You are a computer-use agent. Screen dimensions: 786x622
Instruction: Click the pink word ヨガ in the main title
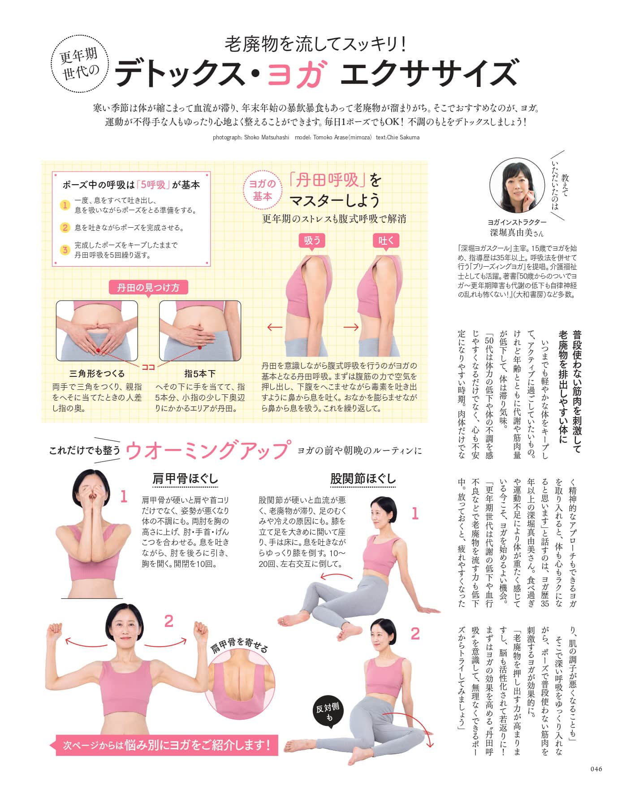(296, 74)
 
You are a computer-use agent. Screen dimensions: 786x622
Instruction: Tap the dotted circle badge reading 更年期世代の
(79, 64)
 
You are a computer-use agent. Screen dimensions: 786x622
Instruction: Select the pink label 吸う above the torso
(312, 241)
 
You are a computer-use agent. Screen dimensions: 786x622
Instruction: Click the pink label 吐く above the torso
(386, 241)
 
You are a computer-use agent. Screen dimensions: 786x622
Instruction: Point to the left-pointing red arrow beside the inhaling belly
(275, 327)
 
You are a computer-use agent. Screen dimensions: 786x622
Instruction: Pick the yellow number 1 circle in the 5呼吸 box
(65, 205)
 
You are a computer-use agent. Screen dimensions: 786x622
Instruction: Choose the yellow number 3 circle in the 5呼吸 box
(65, 250)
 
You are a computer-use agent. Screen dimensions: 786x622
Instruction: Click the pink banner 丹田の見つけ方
(148, 287)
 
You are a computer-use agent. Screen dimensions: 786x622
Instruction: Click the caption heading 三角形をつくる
(97, 373)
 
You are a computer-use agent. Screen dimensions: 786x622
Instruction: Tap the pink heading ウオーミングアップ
(207, 450)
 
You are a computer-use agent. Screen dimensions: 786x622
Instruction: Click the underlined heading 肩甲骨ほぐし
(185, 479)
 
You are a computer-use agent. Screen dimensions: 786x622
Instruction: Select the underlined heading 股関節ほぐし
(363, 479)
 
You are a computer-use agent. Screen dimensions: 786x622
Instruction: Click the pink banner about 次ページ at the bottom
(167, 745)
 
